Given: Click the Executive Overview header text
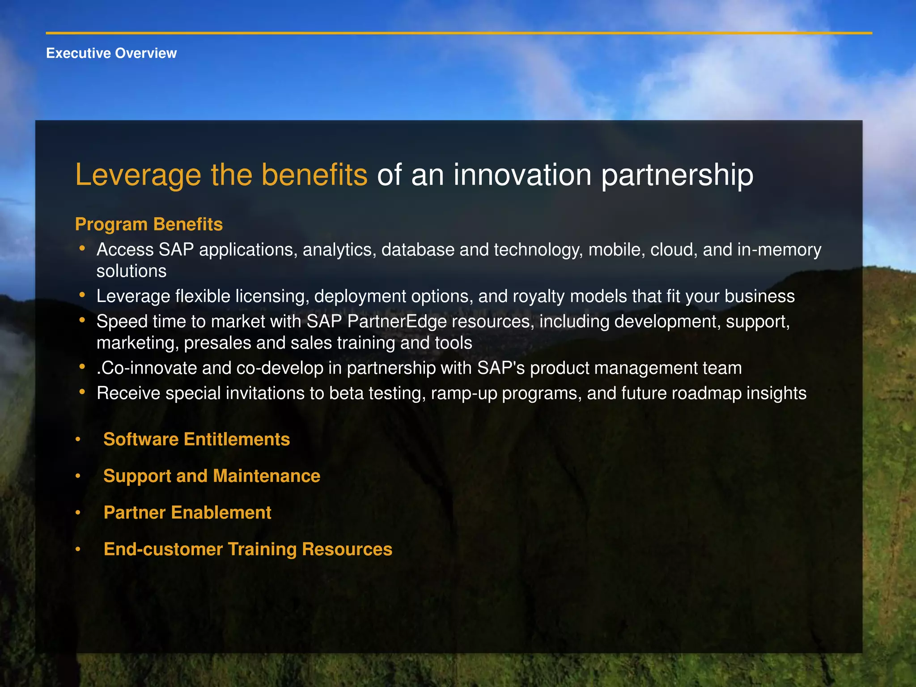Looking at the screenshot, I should pyautogui.click(x=111, y=53).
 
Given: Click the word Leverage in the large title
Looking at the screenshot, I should pyautogui.click(x=138, y=175).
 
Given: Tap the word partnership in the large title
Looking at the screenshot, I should pyautogui.click(x=677, y=175).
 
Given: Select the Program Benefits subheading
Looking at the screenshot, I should pyautogui.click(x=148, y=224).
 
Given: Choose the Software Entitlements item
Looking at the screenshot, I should pyautogui.click(x=196, y=439).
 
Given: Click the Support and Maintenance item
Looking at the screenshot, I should pyautogui.click(x=212, y=476).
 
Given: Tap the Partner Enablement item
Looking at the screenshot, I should pyautogui.click(x=187, y=513).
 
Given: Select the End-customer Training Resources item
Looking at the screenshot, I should pyautogui.click(x=248, y=549).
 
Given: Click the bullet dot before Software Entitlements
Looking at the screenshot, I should pyautogui.click(x=78, y=439).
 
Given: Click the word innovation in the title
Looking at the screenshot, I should pyautogui.click(x=522, y=175).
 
